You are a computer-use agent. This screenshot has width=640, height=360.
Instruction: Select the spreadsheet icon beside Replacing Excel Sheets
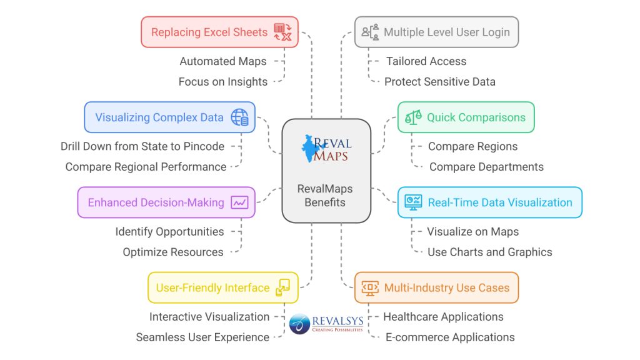(282, 32)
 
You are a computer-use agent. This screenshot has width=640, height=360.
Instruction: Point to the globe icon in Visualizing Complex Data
(239, 117)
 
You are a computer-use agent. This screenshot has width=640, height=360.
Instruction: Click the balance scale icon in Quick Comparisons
(413, 117)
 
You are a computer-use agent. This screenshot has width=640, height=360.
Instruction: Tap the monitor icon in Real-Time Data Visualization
(413, 202)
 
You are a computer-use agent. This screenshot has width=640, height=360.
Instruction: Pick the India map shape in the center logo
(311, 148)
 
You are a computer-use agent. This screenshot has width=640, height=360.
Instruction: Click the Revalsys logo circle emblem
(299, 324)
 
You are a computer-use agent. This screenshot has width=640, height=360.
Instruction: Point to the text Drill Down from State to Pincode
(142, 146)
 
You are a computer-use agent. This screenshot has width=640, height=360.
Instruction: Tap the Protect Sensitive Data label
(439, 82)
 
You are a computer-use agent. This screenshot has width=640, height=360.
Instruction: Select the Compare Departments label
(486, 167)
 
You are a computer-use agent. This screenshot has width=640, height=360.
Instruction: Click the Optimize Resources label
(172, 252)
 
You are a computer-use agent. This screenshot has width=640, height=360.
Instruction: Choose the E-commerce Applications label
(450, 337)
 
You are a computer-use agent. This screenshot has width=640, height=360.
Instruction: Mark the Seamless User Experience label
(202, 337)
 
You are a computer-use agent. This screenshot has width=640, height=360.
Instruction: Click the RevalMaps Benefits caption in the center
(325, 195)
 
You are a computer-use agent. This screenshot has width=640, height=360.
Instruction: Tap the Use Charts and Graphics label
(489, 252)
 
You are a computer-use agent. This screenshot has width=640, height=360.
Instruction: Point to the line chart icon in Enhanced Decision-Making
(239, 202)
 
